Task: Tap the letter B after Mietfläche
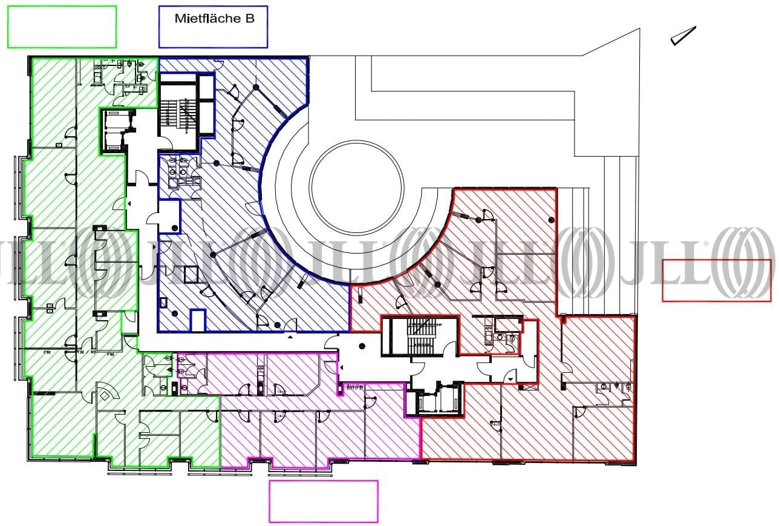pyautogui.click(x=249, y=19)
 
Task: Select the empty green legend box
pyautogui.click(x=62, y=27)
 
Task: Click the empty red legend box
pyautogui.click(x=717, y=280)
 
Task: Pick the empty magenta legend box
pyautogui.click(x=324, y=501)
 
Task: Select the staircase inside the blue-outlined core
pyautogui.click(x=178, y=115)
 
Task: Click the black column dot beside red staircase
pyautogui.click(x=362, y=347)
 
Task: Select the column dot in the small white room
pyautogui.click(x=175, y=228)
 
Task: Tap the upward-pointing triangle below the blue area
pyautogui.click(x=292, y=336)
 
